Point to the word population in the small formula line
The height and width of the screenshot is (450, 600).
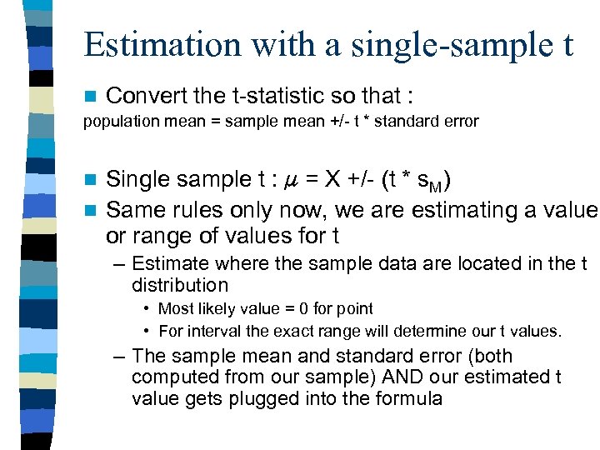click(115, 122)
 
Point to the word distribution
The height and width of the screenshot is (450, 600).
click(179, 285)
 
